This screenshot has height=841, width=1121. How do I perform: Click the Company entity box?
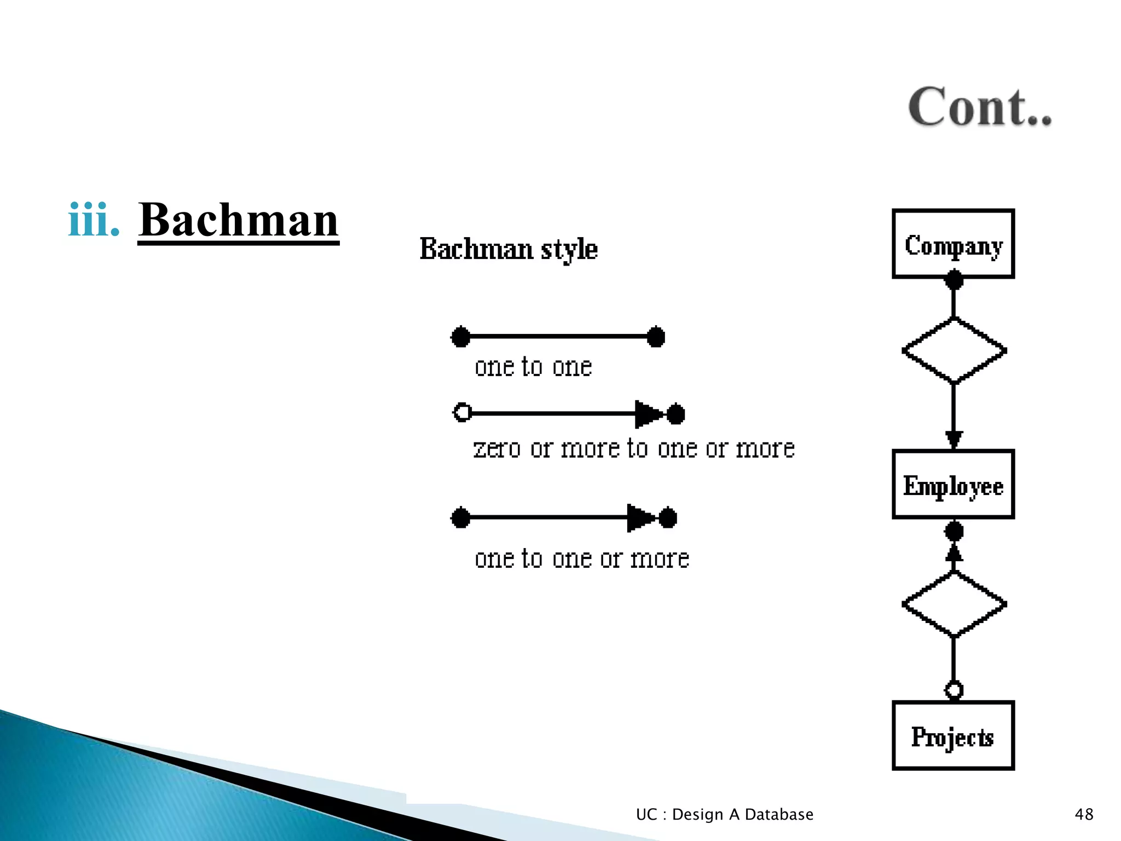[x=953, y=244]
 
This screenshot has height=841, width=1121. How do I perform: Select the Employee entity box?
[x=953, y=485]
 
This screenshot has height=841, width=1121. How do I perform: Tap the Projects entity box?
[x=953, y=735]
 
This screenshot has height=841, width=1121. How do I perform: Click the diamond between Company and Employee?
[x=954, y=350]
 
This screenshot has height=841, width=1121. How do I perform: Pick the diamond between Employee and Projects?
[x=954, y=604]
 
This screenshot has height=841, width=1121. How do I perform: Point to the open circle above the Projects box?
[x=954, y=689]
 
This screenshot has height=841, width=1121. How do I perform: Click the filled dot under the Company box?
[x=954, y=281]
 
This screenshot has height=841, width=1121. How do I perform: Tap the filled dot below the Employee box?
[x=954, y=531]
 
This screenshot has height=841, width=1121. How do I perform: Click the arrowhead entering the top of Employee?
[x=954, y=439]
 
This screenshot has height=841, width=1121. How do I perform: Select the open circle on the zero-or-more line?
[x=463, y=412]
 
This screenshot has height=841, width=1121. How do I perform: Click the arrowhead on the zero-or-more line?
[x=648, y=414]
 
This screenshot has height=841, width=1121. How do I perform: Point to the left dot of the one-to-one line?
[x=460, y=337]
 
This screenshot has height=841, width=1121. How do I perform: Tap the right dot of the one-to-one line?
[x=656, y=337]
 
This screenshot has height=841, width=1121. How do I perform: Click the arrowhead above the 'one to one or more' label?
[x=640, y=517]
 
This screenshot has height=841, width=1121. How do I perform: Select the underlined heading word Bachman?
[x=238, y=220]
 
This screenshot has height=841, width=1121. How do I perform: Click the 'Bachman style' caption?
[x=509, y=249]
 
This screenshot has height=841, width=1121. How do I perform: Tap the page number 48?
[x=1084, y=814]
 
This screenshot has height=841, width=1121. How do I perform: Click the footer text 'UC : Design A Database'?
[x=724, y=814]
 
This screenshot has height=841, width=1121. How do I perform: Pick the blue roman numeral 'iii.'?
[x=94, y=220]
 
